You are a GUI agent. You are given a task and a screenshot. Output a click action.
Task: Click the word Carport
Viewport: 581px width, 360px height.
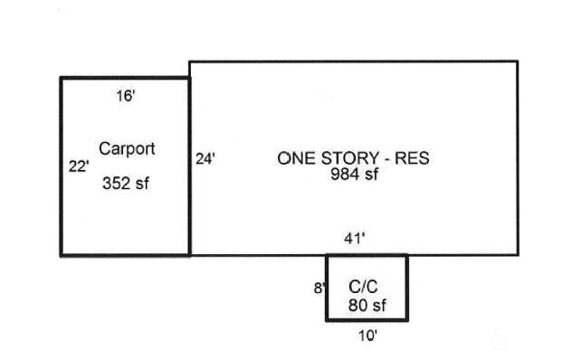coord(127,149)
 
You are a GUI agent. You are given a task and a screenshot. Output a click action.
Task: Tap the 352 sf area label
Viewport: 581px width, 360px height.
coord(126,184)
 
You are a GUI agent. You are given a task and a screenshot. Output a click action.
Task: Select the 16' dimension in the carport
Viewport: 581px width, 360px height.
coord(126,96)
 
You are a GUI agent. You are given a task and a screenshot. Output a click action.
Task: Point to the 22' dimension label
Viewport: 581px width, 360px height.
coord(79,166)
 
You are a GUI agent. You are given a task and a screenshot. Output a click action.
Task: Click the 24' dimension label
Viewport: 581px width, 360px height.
coord(205,159)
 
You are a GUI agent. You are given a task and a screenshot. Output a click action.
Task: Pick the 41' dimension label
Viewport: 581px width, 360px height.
coord(355,239)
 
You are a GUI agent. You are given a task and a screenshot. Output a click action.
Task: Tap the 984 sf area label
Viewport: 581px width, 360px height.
coord(355,174)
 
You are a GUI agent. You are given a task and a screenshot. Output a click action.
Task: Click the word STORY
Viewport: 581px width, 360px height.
coord(350,158)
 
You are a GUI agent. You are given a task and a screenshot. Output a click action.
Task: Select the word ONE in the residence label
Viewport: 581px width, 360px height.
coord(297,158)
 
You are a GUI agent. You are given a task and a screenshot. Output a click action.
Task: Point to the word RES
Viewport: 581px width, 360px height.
coord(412,158)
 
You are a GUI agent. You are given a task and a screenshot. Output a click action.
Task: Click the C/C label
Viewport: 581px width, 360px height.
coord(363,287)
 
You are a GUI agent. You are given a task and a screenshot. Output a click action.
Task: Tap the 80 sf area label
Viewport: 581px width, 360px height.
coord(367,305)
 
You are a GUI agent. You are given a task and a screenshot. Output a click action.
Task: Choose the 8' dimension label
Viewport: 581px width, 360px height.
coord(319,288)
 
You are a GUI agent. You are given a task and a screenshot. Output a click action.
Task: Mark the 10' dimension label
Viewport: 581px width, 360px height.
coord(368,336)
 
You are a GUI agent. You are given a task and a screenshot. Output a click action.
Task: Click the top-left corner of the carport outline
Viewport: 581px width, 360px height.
coord(62,78)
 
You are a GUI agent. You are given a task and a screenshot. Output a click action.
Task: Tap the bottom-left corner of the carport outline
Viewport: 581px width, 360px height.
coord(62,255)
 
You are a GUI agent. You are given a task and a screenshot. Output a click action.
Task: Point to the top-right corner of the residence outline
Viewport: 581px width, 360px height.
coord(518,62)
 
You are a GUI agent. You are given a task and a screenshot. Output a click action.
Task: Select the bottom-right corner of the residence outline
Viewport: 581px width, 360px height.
coord(518,255)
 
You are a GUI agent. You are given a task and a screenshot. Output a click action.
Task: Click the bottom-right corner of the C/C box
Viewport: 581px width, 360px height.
coord(407,319)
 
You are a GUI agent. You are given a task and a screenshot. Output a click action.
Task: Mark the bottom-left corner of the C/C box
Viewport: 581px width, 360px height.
coord(328,319)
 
